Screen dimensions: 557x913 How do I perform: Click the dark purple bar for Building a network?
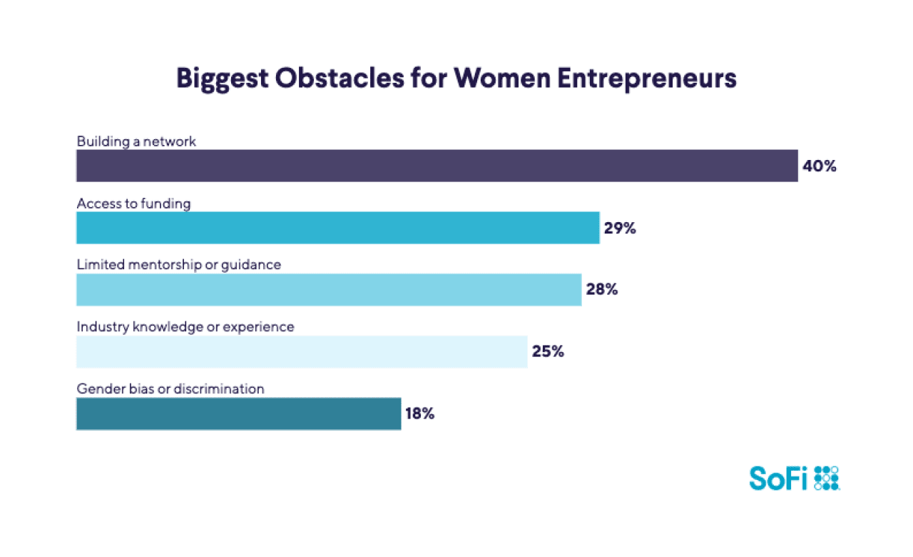(x=437, y=166)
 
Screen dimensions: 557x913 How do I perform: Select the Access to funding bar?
(x=337, y=228)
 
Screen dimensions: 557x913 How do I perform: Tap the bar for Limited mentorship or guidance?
(x=328, y=290)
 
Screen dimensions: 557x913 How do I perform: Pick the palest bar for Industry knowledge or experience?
(x=301, y=352)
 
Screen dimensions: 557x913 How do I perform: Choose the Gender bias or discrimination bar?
(x=238, y=414)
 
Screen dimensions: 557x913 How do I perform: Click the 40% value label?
(x=818, y=166)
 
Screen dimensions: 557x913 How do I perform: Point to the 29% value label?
(x=619, y=229)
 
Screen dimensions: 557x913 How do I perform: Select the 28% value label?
(x=601, y=290)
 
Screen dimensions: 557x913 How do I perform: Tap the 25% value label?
(x=548, y=352)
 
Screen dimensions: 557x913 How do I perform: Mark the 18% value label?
(x=419, y=414)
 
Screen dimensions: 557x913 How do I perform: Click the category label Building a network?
(x=136, y=141)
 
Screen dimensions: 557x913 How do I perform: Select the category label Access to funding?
(x=133, y=204)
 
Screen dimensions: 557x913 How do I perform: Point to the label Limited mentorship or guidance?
(x=178, y=265)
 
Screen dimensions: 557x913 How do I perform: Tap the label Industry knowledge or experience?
(x=185, y=327)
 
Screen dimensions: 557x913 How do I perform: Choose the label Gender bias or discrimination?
(x=170, y=389)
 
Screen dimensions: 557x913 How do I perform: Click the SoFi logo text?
(x=777, y=478)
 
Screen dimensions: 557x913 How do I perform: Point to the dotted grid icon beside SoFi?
(x=826, y=478)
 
